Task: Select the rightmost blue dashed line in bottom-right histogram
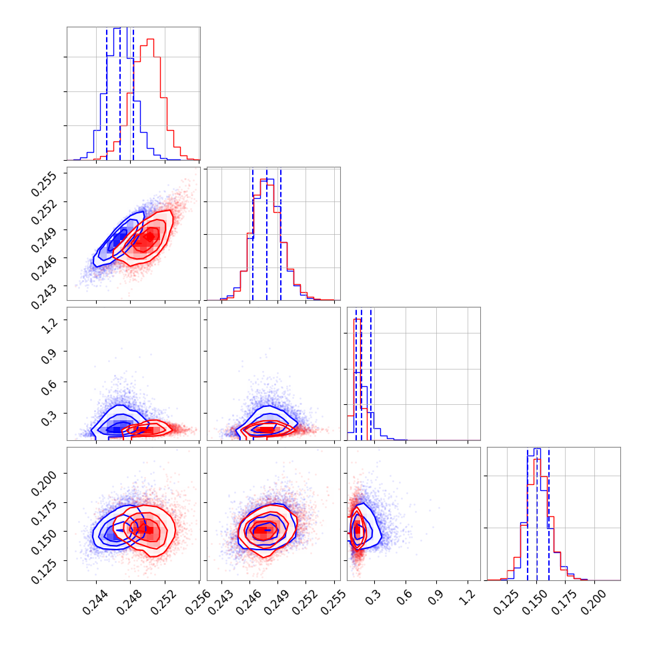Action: click(549, 514)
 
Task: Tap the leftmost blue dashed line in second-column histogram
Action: click(253, 233)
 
